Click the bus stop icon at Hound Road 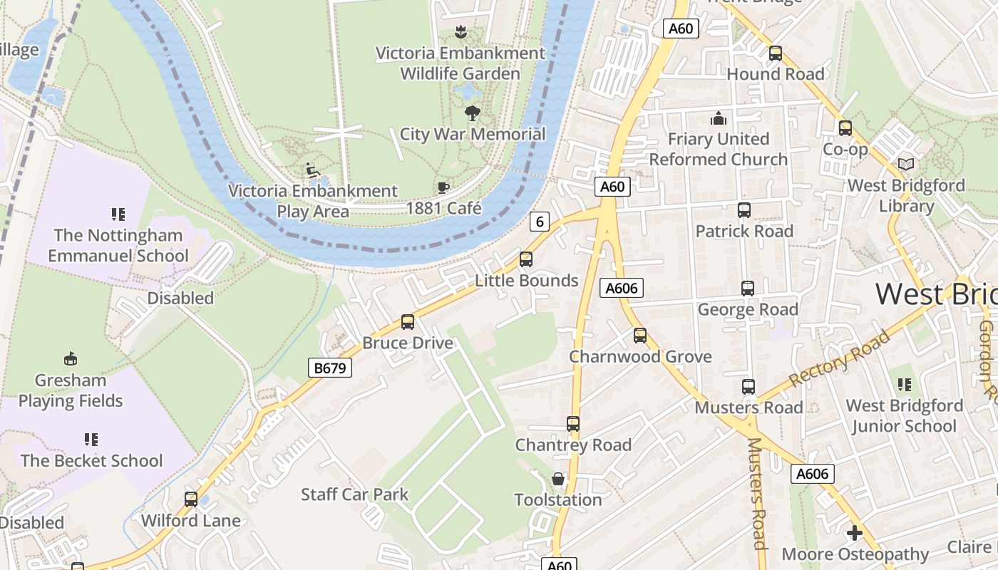point(775,53)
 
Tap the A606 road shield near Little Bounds point(622,288)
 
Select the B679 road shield point(330,368)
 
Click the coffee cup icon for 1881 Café point(443,187)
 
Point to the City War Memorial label point(472,134)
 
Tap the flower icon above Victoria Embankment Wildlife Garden point(461,32)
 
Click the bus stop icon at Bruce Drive point(408,322)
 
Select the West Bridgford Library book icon point(906,165)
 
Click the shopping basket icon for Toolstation point(558,479)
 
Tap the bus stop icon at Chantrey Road point(573,424)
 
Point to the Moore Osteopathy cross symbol point(855,533)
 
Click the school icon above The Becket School point(91,440)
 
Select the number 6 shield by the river point(540,222)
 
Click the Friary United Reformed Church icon point(718,118)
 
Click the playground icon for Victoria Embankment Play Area point(312,170)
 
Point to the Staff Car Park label point(354,494)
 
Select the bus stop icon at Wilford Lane point(190,499)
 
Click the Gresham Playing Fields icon point(71,358)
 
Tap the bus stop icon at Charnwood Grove point(640,336)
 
